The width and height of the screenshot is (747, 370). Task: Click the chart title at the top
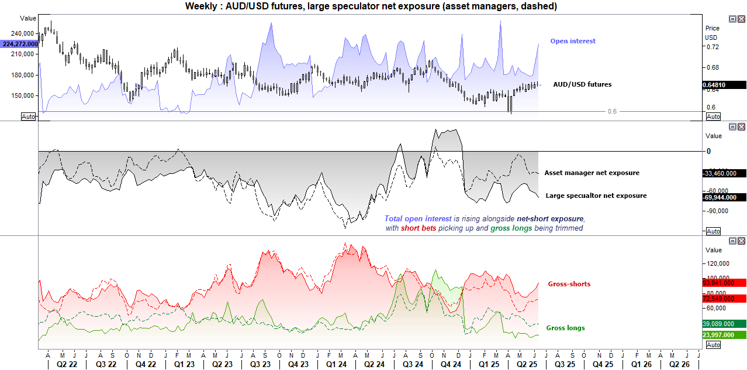pos(371,6)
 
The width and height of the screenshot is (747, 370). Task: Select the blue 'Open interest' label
pos(573,41)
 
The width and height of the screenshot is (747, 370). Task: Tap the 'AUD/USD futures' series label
pos(582,84)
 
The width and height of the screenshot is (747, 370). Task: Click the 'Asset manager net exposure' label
pos(592,173)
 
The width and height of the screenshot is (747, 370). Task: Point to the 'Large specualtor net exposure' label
pos(596,196)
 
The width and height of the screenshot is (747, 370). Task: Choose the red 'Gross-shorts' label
pos(569,284)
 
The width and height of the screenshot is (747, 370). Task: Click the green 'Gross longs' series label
pos(565,328)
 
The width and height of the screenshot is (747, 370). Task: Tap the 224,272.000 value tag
pos(20,44)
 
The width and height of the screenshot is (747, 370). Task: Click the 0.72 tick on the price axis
pos(711,47)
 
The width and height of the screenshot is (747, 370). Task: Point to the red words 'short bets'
pos(419,228)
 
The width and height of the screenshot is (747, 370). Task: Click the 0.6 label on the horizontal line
pos(612,111)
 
